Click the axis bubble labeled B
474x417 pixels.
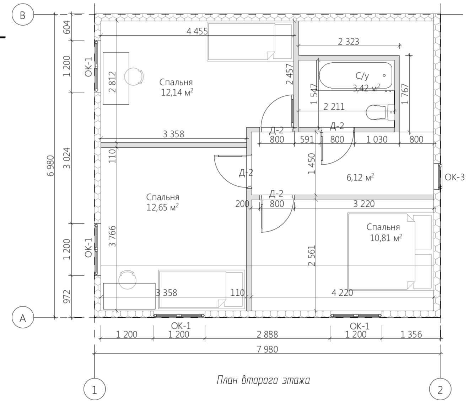click(23, 15)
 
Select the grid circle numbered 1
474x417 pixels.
click(95, 389)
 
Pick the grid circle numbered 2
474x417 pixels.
click(440, 389)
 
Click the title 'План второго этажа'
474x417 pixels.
click(263, 380)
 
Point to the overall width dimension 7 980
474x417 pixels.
click(267, 349)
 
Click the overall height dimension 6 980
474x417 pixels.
click(51, 166)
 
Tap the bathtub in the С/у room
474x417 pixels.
click(355, 75)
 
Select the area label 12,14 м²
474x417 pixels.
click(177, 92)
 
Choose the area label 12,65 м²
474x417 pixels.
click(162, 207)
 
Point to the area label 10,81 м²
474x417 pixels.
click(386, 238)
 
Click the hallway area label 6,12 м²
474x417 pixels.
click(360, 177)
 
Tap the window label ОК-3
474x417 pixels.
click(454, 177)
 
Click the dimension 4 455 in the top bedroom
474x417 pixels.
click(197, 31)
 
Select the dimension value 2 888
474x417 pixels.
click(267, 334)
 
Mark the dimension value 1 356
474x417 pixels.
click(411, 334)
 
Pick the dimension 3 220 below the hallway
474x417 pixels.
click(364, 204)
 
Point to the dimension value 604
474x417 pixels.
click(67, 27)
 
